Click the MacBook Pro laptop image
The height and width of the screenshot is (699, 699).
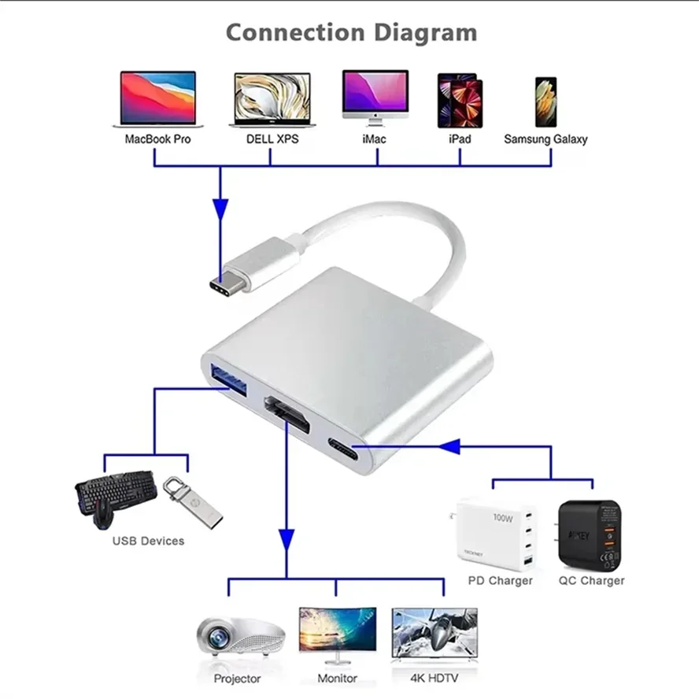pyautogui.click(x=157, y=99)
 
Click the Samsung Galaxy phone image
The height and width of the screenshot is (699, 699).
pyautogui.click(x=546, y=102)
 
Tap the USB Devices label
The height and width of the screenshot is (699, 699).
pyautogui.click(x=148, y=541)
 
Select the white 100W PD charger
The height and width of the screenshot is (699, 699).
pyautogui.click(x=497, y=534)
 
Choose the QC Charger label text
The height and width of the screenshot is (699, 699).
pyautogui.click(x=591, y=581)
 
